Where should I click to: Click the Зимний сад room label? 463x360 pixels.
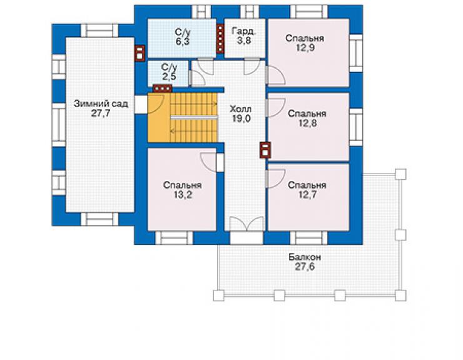tap(101, 104)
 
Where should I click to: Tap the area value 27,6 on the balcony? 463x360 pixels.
tap(305, 267)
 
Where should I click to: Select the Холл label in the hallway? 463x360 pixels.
tap(241, 109)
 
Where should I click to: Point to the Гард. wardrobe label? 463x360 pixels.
tap(244, 31)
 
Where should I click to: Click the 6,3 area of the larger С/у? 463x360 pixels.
tap(183, 42)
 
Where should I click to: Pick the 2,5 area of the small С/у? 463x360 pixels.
tap(169, 76)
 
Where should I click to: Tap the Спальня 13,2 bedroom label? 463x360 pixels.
tap(182, 190)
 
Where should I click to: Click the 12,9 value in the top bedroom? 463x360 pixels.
tap(305, 48)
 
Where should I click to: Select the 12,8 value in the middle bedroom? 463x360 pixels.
tap(307, 123)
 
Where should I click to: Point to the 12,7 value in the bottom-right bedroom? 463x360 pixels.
tap(307, 195)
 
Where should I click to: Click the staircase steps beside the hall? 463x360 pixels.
tap(194, 117)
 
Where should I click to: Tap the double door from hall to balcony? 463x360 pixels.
tap(247, 224)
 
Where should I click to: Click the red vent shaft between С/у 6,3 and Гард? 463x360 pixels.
tap(220, 39)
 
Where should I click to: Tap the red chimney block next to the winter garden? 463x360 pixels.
tap(140, 53)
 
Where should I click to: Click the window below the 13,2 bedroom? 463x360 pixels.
tap(174, 238)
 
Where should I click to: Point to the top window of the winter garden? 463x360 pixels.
tap(99, 31)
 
